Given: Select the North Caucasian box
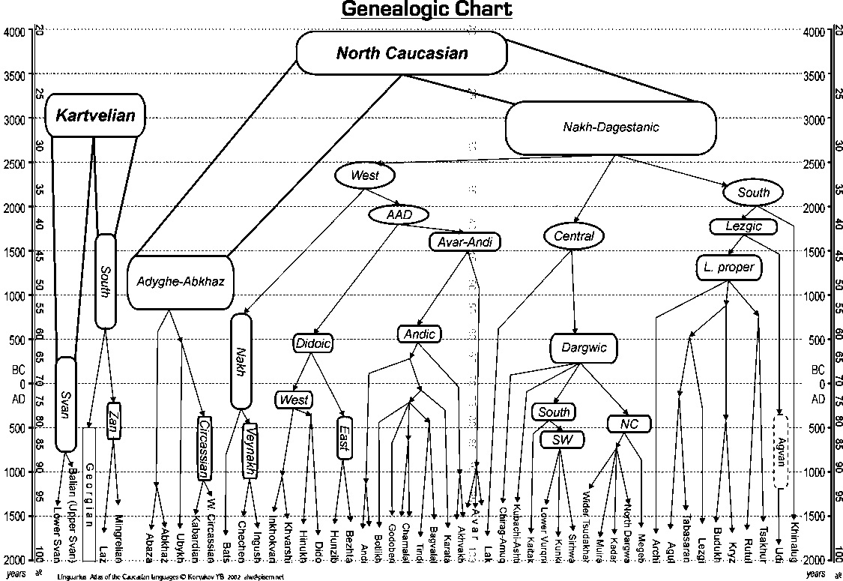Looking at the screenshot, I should pyautogui.click(x=402, y=53).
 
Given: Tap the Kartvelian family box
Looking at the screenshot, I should pyautogui.click(x=95, y=115).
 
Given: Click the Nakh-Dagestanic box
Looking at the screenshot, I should pyautogui.click(x=611, y=127).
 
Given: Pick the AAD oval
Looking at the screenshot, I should pyautogui.click(x=399, y=214).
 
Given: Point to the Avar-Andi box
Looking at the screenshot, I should pyautogui.click(x=465, y=241).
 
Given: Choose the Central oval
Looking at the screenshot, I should pyautogui.click(x=573, y=236).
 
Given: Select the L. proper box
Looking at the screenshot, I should pyautogui.click(x=729, y=267).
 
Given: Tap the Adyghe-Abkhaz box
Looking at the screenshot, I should pyautogui.click(x=181, y=282).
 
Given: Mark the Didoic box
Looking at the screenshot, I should pyautogui.click(x=312, y=343).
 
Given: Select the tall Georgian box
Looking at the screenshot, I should pyautogui.click(x=88, y=491).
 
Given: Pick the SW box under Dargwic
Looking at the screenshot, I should pyautogui.click(x=561, y=439).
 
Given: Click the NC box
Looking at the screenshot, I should pyautogui.click(x=628, y=424).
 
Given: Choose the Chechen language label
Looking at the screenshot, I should pyautogui.click(x=241, y=538).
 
